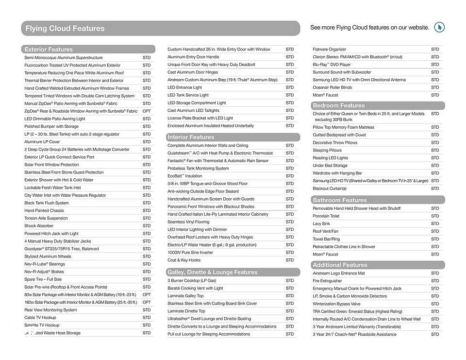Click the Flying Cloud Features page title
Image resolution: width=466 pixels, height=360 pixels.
point(65,28)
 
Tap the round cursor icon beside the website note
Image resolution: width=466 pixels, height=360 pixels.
point(439,27)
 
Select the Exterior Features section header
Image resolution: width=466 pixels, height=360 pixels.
point(49,49)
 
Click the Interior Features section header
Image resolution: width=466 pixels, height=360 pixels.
point(191,137)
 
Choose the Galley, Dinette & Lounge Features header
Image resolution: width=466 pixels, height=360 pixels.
point(212,272)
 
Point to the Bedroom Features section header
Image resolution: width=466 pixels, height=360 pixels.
point(338,105)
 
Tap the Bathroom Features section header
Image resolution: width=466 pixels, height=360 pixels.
point(340,200)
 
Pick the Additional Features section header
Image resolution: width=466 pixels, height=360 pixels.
point(340,265)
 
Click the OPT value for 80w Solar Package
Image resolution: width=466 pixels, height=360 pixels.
point(147,294)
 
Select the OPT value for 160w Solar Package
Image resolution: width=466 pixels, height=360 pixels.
point(147,302)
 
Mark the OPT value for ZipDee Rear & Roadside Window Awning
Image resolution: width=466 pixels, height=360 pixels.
point(147,111)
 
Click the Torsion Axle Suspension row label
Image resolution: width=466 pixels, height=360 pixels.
point(46,218)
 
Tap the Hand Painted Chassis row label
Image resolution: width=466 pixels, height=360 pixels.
point(44,210)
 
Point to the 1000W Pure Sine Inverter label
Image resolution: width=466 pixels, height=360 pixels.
point(190,253)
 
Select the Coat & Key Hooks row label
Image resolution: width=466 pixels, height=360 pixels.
point(184,260)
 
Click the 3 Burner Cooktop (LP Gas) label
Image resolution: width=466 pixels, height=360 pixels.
point(192,280)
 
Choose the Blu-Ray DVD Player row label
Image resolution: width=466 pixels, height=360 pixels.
point(332,65)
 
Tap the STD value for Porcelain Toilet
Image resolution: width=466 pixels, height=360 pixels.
point(435,216)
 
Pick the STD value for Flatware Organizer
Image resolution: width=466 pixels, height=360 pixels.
point(435,49)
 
